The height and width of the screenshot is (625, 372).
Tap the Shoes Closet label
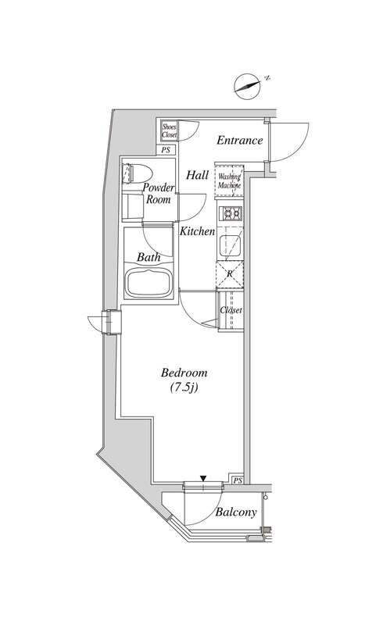point(169,131)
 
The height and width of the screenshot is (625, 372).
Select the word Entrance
point(240,141)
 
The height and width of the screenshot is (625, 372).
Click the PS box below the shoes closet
point(166,150)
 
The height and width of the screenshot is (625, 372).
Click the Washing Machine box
point(229,181)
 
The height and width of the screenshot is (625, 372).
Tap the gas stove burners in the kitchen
point(231,214)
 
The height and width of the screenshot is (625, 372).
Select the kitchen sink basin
point(231,245)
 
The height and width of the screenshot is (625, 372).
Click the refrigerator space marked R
point(230,274)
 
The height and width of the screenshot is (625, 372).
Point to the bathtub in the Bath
point(148,283)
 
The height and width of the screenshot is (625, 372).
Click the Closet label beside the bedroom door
point(231,310)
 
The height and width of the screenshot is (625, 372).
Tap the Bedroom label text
point(184,373)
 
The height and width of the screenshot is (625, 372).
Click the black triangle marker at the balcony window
point(203,478)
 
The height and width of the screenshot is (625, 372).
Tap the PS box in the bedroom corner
point(238,480)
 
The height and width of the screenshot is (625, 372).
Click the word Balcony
point(236,512)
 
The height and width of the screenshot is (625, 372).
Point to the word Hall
point(198,175)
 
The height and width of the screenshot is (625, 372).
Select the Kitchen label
point(197,231)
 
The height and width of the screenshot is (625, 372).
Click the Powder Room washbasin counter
point(132,205)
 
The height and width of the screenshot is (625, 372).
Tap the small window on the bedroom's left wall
point(111,322)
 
